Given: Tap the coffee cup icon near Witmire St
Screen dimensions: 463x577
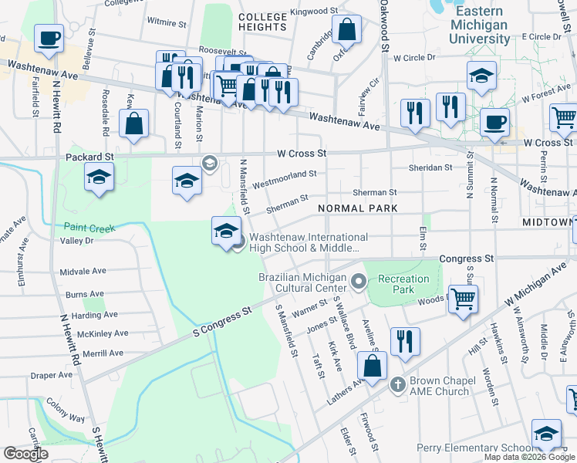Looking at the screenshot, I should click(49, 38).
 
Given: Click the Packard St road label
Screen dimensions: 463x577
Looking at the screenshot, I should click(94, 156).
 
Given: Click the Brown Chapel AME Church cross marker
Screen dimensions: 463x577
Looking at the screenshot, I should click(398, 384).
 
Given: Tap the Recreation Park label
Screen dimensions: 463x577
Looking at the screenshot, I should click(403, 284).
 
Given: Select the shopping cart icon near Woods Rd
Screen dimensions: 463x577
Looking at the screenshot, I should click(463, 299).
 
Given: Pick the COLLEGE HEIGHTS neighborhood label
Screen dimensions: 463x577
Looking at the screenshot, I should click(262, 21).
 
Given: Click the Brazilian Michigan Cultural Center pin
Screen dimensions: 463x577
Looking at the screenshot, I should click(358, 282).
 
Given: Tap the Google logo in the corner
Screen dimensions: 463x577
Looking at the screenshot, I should click(25, 454).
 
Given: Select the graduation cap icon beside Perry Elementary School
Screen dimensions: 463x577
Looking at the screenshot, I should click(546, 434).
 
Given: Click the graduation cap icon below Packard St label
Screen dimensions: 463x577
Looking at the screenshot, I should click(99, 179).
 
